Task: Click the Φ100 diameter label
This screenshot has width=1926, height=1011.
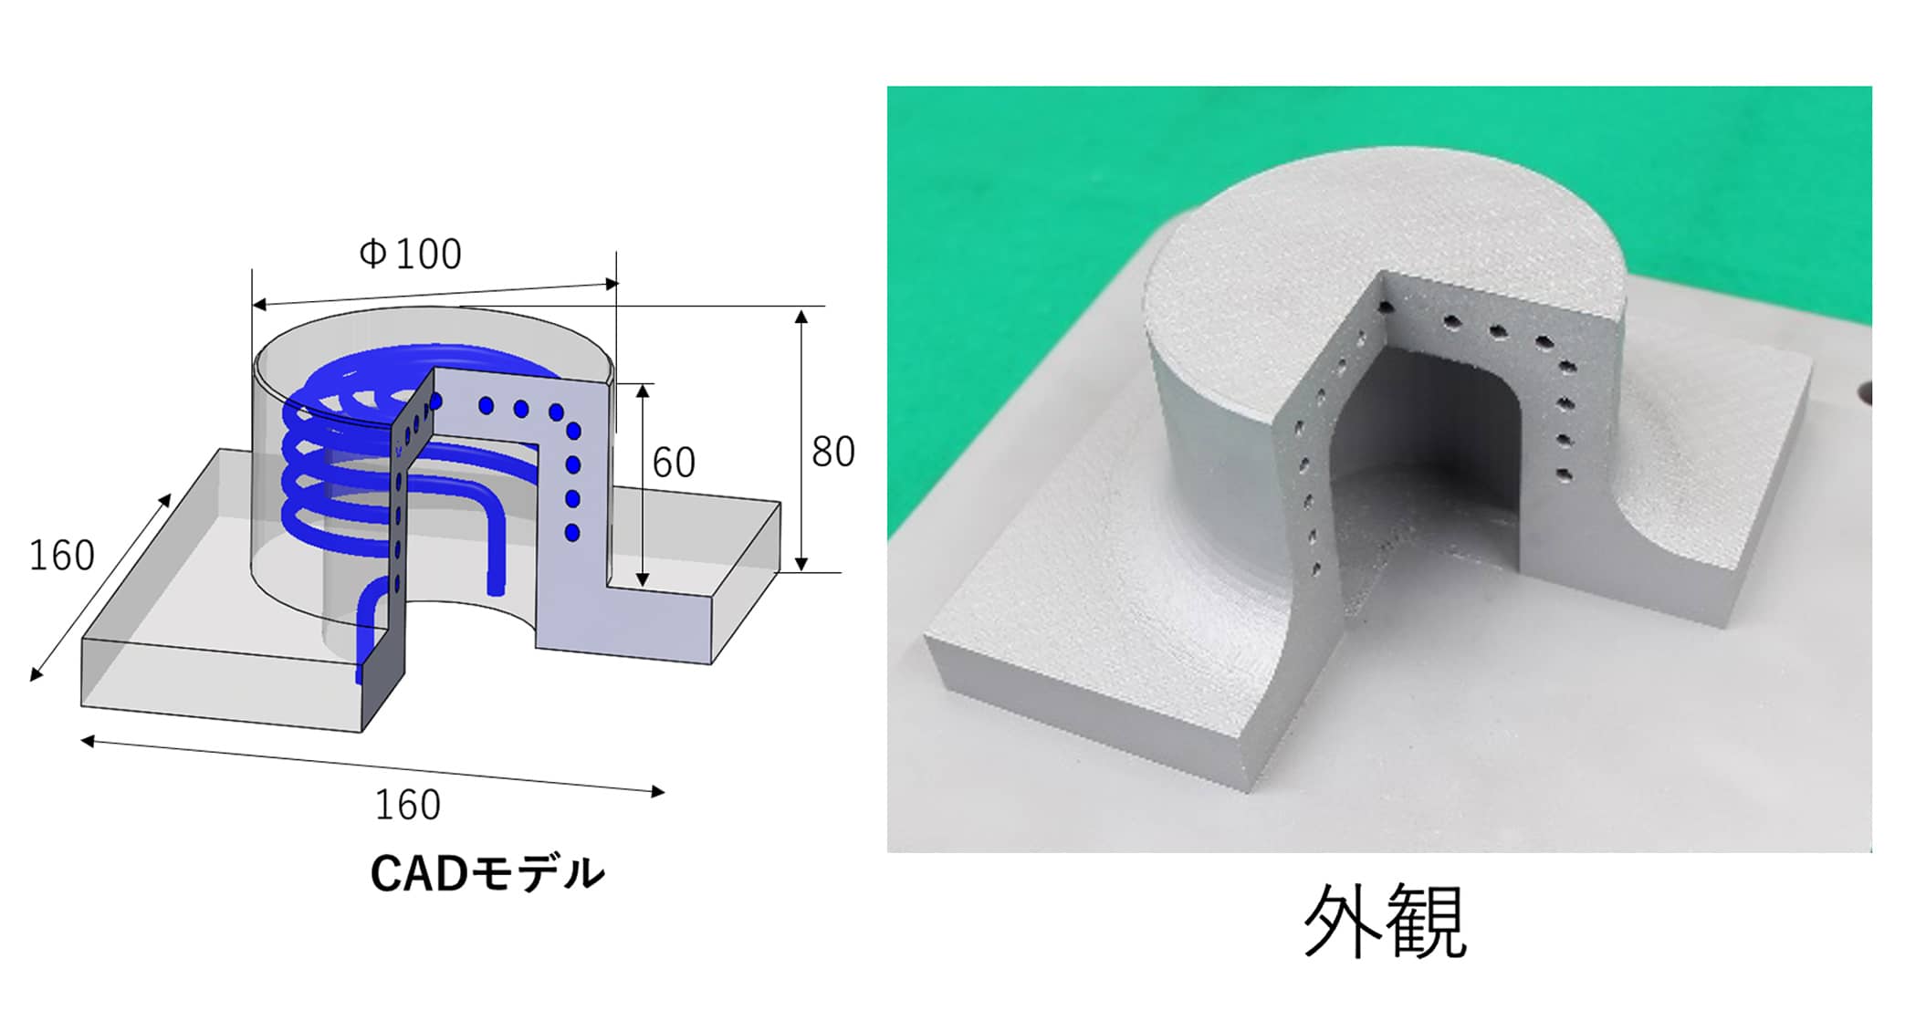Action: point(410,254)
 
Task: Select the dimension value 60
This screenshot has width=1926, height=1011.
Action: point(674,463)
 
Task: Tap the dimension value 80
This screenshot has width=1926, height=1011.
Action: point(832,452)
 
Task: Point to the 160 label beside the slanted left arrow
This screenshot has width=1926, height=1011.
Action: point(61,556)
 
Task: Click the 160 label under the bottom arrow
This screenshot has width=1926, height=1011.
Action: point(407,805)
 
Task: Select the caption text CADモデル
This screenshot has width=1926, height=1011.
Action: point(487,873)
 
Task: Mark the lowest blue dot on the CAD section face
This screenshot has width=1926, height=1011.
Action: point(572,532)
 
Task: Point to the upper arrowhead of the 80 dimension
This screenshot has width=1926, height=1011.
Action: point(801,317)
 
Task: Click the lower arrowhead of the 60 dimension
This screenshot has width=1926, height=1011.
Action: point(643,579)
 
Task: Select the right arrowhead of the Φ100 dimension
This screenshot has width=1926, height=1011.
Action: point(612,284)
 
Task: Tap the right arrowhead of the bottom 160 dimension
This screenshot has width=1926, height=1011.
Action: point(658,792)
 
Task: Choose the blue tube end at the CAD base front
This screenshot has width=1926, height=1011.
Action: point(360,675)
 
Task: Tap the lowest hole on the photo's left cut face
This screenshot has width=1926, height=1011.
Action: point(1316,571)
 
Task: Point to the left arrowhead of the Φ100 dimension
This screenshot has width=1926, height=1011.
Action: point(259,305)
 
